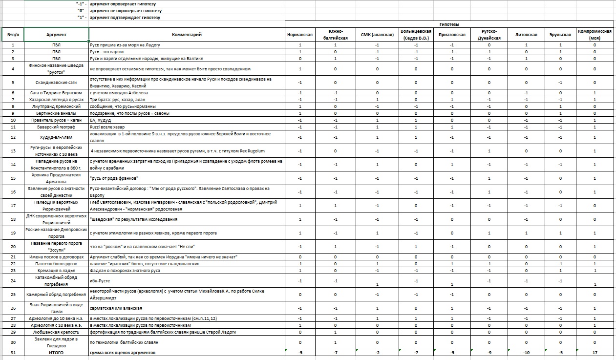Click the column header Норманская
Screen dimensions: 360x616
[x=299, y=35]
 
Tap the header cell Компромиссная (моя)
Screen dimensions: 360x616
[x=595, y=34]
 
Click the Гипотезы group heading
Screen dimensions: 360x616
[x=448, y=24]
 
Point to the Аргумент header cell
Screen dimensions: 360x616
[x=56, y=35]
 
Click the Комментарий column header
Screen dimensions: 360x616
[x=187, y=35]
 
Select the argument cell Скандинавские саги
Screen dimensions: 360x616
[x=56, y=82]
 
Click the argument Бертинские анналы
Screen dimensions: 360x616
[x=56, y=113]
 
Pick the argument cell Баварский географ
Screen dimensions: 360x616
[x=56, y=127]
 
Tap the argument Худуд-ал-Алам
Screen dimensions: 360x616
[x=56, y=137]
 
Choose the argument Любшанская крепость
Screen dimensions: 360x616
[x=56, y=332]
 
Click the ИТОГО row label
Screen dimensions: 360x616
[x=56, y=353]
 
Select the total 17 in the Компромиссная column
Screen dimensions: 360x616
[x=595, y=353]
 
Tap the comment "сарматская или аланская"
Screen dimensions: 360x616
[x=115, y=308]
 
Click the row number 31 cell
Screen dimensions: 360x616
[x=13, y=353]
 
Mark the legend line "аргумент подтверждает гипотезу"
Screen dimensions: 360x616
[x=127, y=18]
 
